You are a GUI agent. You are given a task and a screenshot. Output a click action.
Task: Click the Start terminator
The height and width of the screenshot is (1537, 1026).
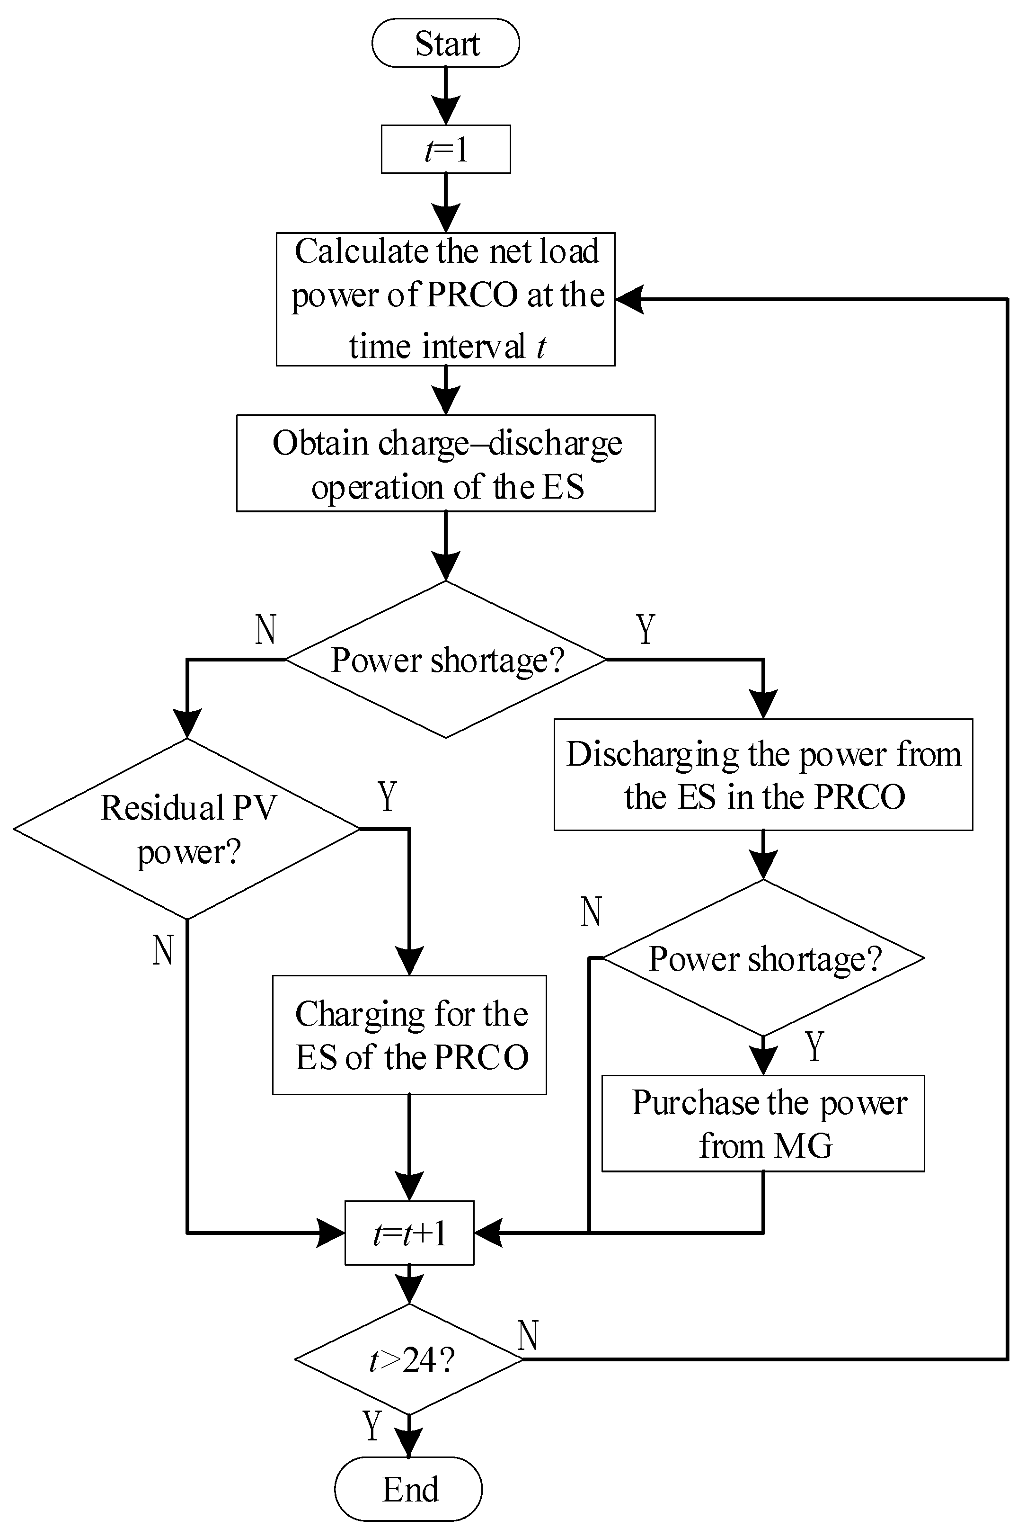click(446, 43)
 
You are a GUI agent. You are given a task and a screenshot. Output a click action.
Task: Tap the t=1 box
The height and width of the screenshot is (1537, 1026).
click(446, 149)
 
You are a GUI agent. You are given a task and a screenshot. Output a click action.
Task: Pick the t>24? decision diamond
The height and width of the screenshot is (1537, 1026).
click(409, 1360)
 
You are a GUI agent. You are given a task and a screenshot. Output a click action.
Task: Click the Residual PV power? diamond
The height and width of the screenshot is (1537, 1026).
click(187, 830)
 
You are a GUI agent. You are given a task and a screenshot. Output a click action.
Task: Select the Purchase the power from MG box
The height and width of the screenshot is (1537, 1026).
click(763, 1124)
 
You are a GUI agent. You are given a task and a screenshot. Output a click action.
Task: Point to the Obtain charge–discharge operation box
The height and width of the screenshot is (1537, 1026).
click(446, 464)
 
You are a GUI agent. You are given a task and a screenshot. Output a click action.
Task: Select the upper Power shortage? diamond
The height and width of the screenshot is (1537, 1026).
click(446, 660)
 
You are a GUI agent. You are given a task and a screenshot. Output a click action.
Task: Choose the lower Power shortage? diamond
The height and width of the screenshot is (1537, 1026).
click(763, 958)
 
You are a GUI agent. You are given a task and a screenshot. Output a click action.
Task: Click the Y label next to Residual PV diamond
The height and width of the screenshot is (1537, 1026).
click(388, 796)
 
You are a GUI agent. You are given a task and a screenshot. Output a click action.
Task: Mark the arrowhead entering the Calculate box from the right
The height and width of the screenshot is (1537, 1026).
click(629, 299)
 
